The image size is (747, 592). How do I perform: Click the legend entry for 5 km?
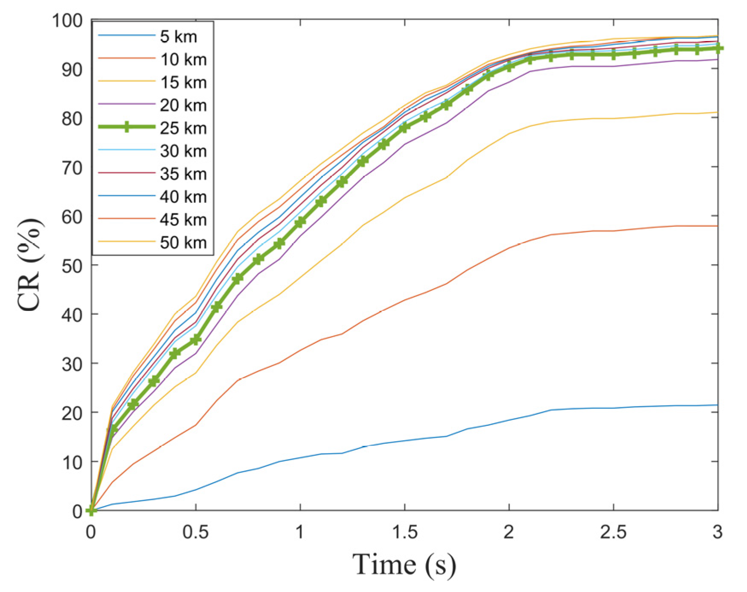tap(178, 37)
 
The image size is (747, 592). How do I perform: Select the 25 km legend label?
tap(183, 128)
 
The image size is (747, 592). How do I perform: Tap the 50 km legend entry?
tap(183, 243)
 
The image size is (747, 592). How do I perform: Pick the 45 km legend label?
tap(183, 220)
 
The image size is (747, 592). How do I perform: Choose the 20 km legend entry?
tap(183, 105)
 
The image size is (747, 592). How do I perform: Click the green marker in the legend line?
tap(126, 127)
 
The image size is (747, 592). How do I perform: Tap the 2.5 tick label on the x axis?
tap(613, 532)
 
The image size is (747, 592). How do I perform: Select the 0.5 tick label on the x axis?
tap(195, 532)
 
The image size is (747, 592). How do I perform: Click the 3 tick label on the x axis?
tap(718, 532)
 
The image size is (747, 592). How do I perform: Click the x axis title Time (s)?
tap(404, 565)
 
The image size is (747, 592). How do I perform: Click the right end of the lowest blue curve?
tap(717, 405)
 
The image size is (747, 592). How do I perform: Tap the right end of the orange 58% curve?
tap(717, 226)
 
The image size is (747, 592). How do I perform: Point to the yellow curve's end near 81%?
tap(717, 112)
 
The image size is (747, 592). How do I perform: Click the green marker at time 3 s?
tap(718, 49)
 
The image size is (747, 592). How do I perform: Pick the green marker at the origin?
tap(91, 510)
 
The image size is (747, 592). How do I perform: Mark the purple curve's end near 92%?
tap(717, 60)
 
